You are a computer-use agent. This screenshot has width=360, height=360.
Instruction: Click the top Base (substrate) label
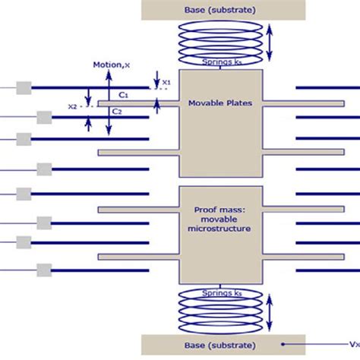221,10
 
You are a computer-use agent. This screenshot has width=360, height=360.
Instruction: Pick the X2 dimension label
73,107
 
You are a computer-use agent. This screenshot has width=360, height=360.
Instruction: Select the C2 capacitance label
116,112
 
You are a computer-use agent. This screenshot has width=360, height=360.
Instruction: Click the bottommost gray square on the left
44,269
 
